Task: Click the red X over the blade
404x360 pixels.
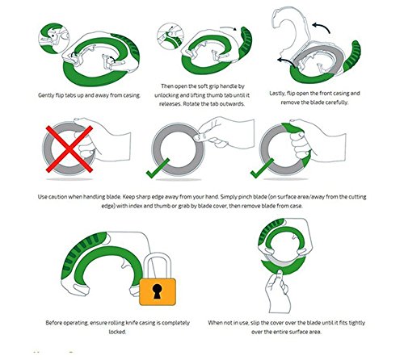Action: pyautogui.click(x=69, y=149)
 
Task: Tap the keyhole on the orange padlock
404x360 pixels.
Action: pyautogui.click(x=157, y=291)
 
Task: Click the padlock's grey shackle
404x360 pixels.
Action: pyautogui.click(x=157, y=266)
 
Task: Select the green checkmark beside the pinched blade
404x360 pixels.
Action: pyautogui.click(x=158, y=168)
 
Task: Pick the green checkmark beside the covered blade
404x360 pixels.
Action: pyautogui.click(x=262, y=168)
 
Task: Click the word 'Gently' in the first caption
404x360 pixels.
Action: pyautogui.click(x=46, y=95)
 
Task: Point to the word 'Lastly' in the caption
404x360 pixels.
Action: pyautogui.click(x=277, y=94)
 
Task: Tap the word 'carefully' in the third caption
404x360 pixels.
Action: pyautogui.click(x=337, y=103)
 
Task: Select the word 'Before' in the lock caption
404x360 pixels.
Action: pyautogui.click(x=53, y=323)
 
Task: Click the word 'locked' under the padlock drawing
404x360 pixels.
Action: pyautogui.click(x=117, y=332)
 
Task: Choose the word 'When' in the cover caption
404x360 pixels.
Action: pyautogui.click(x=215, y=323)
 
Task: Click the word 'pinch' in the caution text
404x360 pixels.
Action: pyautogui.click(x=246, y=197)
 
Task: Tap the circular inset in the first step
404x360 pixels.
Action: pyautogui.click(x=54, y=38)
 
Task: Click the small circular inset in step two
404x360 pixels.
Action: pyautogui.click(x=170, y=36)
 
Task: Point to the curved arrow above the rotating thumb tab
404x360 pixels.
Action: pyautogui.click(x=229, y=28)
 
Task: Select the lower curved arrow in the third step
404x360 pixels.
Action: pyautogui.click(x=286, y=61)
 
